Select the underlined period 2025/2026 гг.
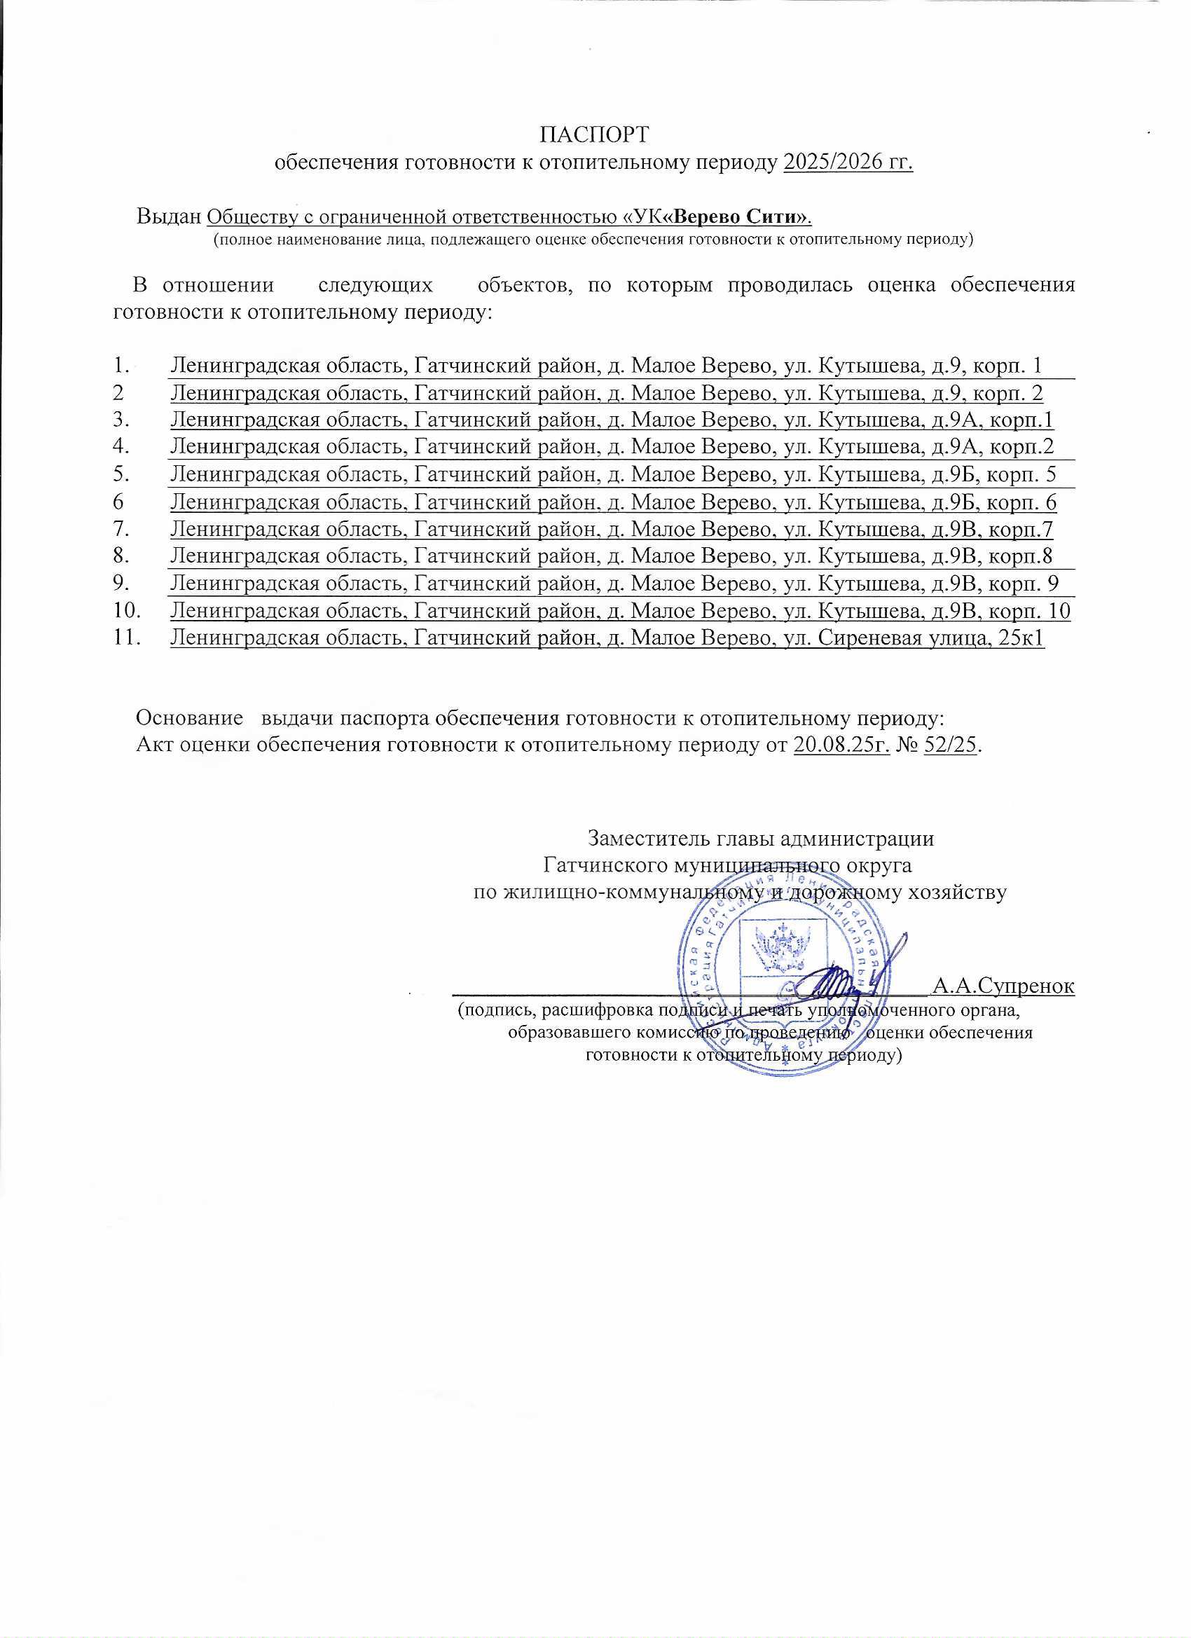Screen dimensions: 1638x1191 click(848, 163)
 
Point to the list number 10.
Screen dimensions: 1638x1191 click(126, 612)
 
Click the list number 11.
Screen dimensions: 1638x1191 click(126, 638)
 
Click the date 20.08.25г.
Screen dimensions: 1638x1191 click(841, 745)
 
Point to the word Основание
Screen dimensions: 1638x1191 click(189, 719)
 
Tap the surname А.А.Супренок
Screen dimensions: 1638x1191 click(1003, 986)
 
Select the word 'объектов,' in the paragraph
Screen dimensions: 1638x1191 click(525, 285)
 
